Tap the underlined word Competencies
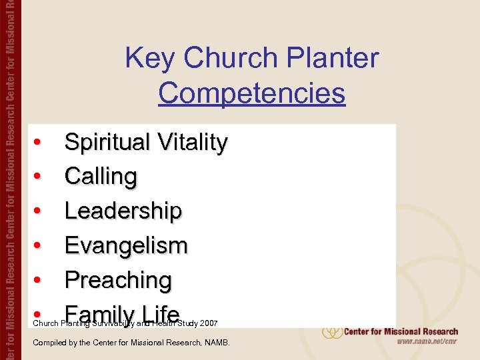point(251,93)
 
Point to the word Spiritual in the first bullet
point(107,143)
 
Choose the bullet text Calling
point(101,177)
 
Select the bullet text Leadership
point(123,211)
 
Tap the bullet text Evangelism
point(126,246)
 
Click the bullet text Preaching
point(118,281)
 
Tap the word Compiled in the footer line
point(49,343)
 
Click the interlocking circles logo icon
point(331,331)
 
